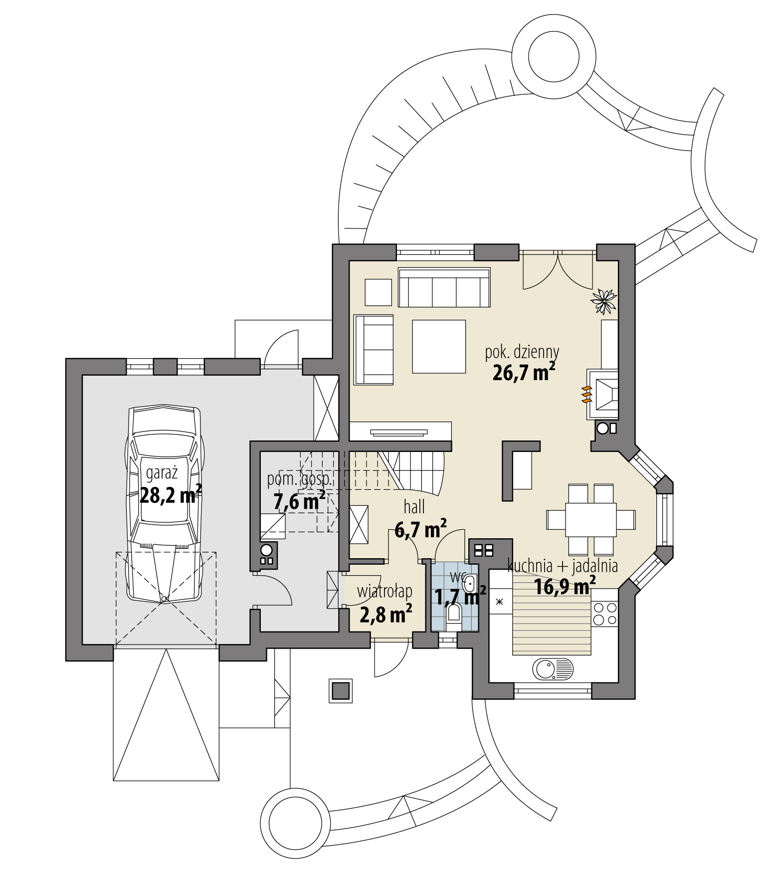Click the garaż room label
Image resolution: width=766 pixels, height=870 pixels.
coord(158,472)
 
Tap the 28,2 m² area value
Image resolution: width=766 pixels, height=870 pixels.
coord(171,495)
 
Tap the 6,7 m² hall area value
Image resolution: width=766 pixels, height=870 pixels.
coord(420,530)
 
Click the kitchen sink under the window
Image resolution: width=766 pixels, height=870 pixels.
coord(553,669)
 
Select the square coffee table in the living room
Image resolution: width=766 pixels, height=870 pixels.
coord(439,346)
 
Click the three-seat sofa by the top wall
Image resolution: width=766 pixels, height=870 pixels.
coord(444,287)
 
